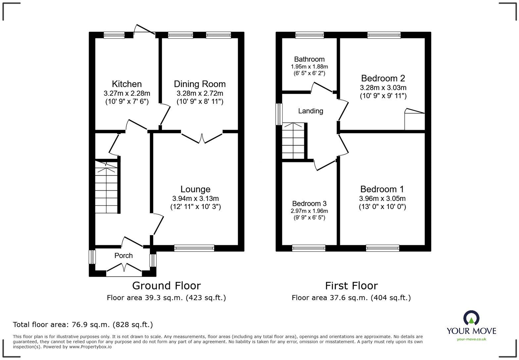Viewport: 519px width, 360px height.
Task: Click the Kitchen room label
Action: click(x=126, y=84)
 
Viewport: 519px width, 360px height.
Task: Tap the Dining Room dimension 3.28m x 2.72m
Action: click(x=200, y=93)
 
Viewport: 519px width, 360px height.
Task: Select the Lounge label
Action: click(x=195, y=189)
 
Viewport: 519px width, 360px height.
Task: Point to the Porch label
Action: click(x=123, y=255)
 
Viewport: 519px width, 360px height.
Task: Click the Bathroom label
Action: click(x=309, y=59)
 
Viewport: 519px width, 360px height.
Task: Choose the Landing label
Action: click(x=310, y=111)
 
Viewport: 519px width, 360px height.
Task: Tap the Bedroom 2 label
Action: click(x=383, y=78)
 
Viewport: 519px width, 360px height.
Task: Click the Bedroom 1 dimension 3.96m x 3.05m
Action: click(x=382, y=199)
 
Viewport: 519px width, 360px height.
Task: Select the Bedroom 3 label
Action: click(x=309, y=203)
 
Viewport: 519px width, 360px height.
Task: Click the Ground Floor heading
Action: click(x=166, y=286)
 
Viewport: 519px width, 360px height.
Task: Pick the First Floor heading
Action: click(x=351, y=286)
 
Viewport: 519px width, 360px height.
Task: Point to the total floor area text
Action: click(x=83, y=325)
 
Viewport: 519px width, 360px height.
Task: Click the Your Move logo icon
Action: click(x=471, y=318)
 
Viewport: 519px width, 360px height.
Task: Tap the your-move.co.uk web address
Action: click(x=471, y=339)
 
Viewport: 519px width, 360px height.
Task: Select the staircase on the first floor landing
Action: click(x=293, y=141)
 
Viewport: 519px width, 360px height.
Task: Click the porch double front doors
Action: click(x=124, y=269)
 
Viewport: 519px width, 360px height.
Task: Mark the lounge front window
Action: click(x=194, y=248)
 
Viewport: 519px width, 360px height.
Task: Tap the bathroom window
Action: click(x=309, y=35)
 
